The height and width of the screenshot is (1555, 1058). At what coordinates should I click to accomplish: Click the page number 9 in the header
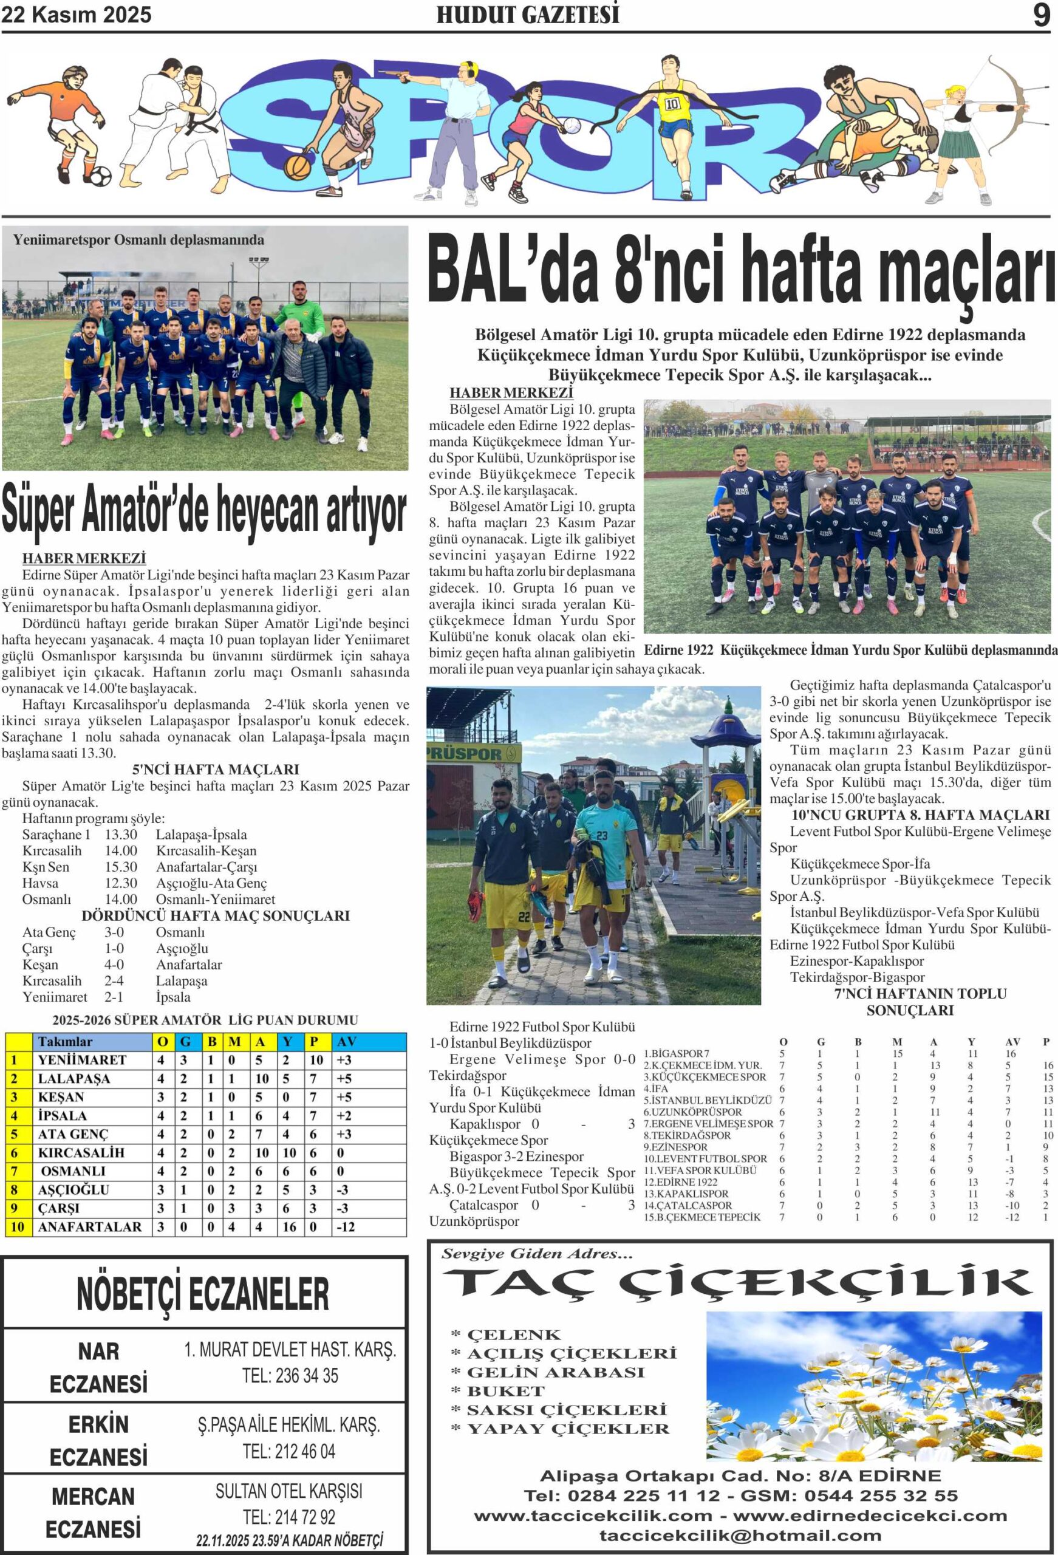[1040, 15]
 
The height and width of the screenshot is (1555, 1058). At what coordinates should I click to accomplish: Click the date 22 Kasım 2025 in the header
[77, 15]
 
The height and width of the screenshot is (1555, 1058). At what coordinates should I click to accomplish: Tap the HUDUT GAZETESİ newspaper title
[527, 15]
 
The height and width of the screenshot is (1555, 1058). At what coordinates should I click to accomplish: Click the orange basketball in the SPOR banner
[298, 166]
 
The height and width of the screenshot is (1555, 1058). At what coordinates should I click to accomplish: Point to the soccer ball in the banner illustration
[100, 177]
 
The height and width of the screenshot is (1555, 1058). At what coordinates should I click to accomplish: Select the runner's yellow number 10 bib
[672, 104]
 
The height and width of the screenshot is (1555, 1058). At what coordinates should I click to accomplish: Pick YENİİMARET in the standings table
[81, 1060]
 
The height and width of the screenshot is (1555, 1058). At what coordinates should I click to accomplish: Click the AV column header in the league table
[347, 1041]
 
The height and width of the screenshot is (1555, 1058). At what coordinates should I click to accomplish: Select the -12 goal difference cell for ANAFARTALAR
[346, 1227]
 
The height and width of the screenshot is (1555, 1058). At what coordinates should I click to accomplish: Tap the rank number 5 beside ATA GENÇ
[14, 1134]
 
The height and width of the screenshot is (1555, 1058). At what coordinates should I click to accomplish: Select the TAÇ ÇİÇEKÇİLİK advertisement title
[736, 1283]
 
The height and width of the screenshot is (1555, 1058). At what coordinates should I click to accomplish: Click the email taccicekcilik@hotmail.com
[740, 1535]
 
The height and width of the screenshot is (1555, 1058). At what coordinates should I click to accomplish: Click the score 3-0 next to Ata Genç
[114, 932]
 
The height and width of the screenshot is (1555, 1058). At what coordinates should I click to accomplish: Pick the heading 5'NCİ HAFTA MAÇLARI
[216, 770]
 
